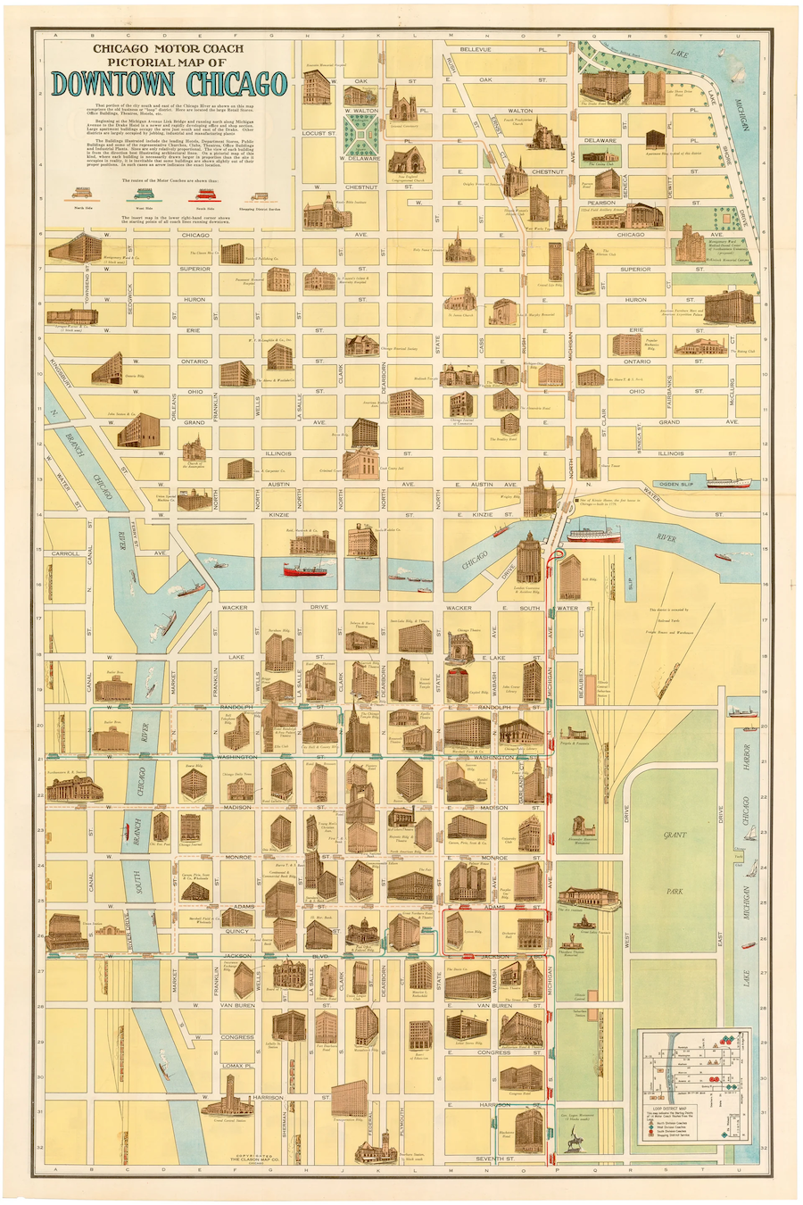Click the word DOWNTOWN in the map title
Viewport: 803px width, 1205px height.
116,84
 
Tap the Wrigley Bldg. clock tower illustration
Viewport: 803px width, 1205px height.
539,490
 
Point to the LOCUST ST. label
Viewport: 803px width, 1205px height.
319,133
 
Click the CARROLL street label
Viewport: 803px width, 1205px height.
65,553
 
